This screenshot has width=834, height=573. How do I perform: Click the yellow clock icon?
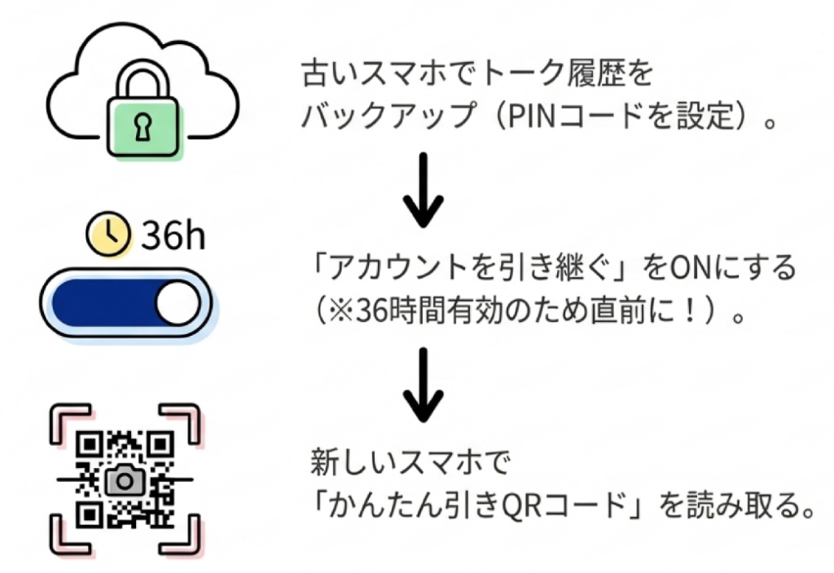tap(109, 234)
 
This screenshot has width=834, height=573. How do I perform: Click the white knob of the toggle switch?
tap(177, 303)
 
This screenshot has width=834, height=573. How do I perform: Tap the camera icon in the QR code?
tap(124, 480)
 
